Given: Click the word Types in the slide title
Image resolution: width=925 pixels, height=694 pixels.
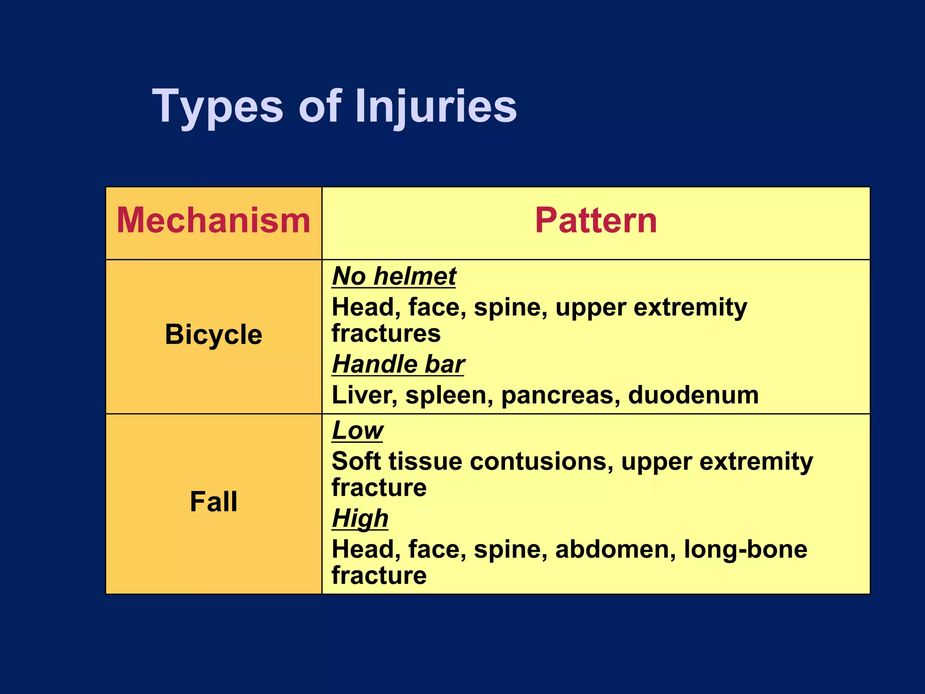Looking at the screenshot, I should (x=218, y=107).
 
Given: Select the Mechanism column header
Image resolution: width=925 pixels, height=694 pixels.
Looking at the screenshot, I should (x=214, y=220).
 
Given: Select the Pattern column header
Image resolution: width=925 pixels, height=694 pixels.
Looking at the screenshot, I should (x=596, y=220).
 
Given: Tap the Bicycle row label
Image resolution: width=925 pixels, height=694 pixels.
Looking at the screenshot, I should (x=214, y=335).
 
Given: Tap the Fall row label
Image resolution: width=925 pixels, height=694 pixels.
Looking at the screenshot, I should (x=214, y=502).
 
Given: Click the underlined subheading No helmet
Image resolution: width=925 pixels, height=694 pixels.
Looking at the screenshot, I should (x=394, y=276).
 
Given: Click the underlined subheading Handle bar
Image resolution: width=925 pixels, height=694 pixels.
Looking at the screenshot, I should (x=398, y=364).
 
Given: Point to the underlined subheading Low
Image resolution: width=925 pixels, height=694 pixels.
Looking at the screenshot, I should (x=357, y=431).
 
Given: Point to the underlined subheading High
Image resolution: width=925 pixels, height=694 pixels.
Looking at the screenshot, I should (x=360, y=518).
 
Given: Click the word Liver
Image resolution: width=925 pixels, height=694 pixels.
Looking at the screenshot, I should (x=364, y=395).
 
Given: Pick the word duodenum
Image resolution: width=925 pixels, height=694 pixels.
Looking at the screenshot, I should (x=693, y=395).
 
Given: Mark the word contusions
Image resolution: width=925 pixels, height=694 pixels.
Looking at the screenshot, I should (x=541, y=462).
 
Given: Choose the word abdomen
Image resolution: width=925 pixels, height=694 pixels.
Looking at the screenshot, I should (x=615, y=550).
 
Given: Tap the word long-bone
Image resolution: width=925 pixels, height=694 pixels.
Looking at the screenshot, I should (x=745, y=550).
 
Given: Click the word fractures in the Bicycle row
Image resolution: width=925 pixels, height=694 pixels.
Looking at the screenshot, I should (x=386, y=334).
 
